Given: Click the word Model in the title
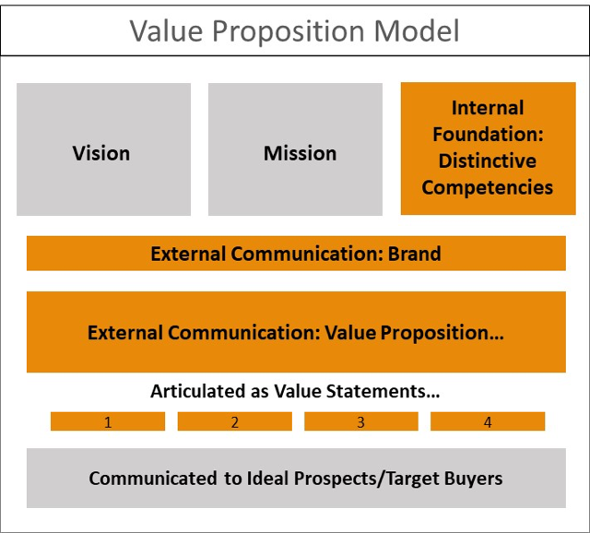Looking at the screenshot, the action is [x=417, y=30].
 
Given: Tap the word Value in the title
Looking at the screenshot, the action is [x=167, y=30].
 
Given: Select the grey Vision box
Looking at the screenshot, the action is [x=104, y=149].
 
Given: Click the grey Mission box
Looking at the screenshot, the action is [x=295, y=149].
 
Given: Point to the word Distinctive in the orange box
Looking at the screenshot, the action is [x=488, y=160].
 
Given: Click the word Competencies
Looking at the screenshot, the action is [x=488, y=188].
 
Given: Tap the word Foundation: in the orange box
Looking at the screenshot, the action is [x=488, y=134].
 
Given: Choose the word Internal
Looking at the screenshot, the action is [x=488, y=108].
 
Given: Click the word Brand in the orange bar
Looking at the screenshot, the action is [x=414, y=254].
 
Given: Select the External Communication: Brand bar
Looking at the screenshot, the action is [x=296, y=254].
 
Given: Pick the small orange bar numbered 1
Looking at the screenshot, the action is [x=108, y=421].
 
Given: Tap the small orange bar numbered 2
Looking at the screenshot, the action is [x=235, y=421].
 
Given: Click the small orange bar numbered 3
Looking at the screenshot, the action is [x=361, y=421].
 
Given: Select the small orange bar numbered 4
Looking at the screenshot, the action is [x=488, y=421].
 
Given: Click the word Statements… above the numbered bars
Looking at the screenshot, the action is [x=383, y=391].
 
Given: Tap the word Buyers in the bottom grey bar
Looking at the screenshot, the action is [x=473, y=479].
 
